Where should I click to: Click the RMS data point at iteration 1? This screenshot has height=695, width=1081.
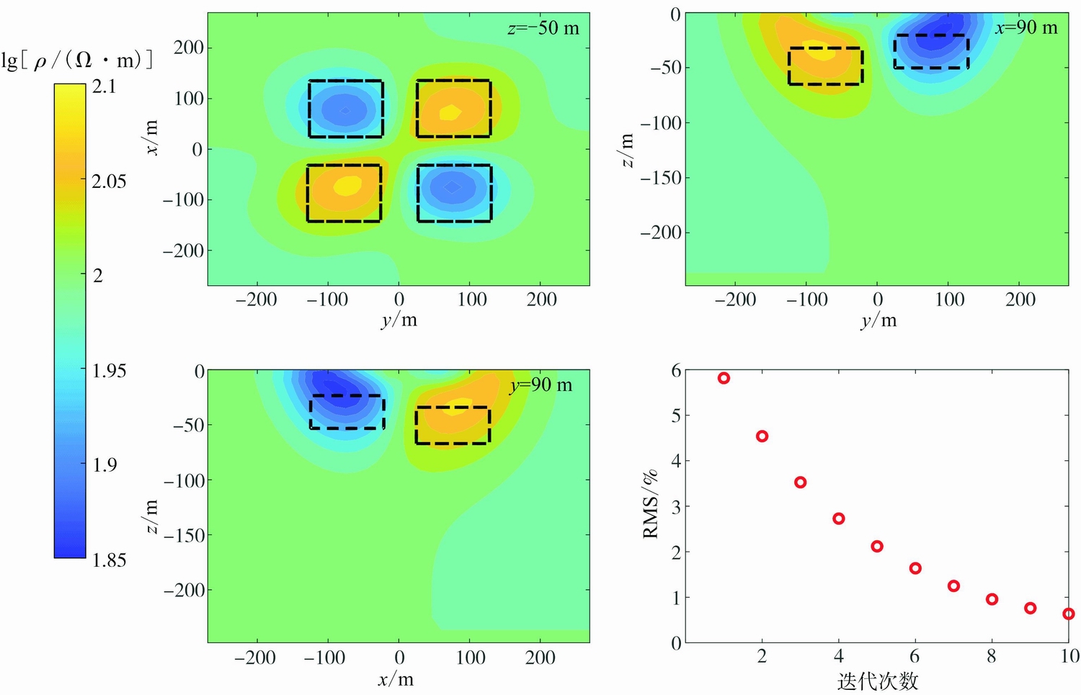coord(724,378)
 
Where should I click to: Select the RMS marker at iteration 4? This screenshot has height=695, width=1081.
coord(839,519)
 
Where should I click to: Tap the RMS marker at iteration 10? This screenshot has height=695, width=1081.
coord(1068,614)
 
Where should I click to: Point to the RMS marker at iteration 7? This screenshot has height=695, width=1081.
coord(953,586)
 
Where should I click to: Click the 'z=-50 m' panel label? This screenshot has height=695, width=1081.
coord(543,29)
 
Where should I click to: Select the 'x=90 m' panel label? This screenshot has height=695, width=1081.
coord(1026,28)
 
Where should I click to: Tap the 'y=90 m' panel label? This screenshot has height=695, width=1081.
coord(541,385)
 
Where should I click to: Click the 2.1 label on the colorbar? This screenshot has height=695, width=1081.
coord(104,86)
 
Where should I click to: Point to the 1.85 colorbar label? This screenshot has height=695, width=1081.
coord(109,560)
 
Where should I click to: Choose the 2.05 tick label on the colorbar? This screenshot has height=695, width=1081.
coord(109,181)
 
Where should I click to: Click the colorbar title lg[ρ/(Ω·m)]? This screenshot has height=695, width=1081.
coord(77,60)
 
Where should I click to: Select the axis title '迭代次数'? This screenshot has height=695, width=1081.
coord(878,681)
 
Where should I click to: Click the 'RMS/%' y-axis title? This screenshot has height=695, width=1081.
coord(650,504)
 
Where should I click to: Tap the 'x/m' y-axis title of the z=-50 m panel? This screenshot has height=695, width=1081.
coord(151,137)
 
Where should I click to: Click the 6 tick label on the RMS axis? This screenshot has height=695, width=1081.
coord(676,370)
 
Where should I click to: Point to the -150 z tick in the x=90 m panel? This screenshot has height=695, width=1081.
coord(660,177)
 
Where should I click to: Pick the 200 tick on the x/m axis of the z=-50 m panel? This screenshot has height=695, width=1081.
coord(189,48)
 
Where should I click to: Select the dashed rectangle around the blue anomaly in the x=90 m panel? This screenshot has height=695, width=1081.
coord(931,51)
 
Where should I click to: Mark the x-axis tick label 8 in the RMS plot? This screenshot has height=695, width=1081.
coord(992,655)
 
